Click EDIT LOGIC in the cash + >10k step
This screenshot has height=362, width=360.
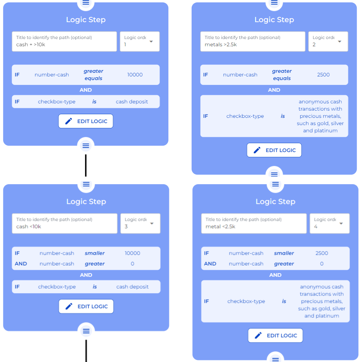pyautogui.click(x=86, y=121)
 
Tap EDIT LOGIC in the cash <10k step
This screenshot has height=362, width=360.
pyautogui.click(x=86, y=306)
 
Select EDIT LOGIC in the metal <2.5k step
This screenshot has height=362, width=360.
pyautogui.click(x=275, y=335)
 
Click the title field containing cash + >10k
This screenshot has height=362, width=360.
pyautogui.click(x=64, y=41)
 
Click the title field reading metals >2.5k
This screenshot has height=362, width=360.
pyautogui.click(x=253, y=41)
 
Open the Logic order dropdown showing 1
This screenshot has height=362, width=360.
pyautogui.click(x=140, y=41)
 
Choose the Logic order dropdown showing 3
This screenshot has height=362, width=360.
pyautogui.click(x=140, y=223)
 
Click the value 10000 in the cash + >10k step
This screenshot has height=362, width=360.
pyautogui.click(x=134, y=75)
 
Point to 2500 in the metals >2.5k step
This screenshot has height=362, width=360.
pyautogui.click(x=323, y=75)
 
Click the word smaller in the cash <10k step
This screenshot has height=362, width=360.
pyautogui.click(x=95, y=253)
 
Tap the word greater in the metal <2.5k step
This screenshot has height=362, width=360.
pyautogui.click(x=284, y=264)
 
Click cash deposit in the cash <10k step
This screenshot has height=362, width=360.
pyautogui.click(x=132, y=287)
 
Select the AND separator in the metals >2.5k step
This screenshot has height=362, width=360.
pyautogui.click(x=274, y=90)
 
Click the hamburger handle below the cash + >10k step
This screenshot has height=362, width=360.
pyautogui.click(x=86, y=145)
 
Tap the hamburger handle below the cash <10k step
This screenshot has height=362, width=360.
pyautogui.click(x=86, y=331)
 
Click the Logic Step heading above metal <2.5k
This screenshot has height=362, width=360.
pyautogui.click(x=275, y=202)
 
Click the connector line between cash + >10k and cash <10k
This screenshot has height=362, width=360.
pyautogui.click(x=86, y=165)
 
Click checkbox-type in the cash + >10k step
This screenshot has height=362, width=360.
pyautogui.click(x=57, y=102)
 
